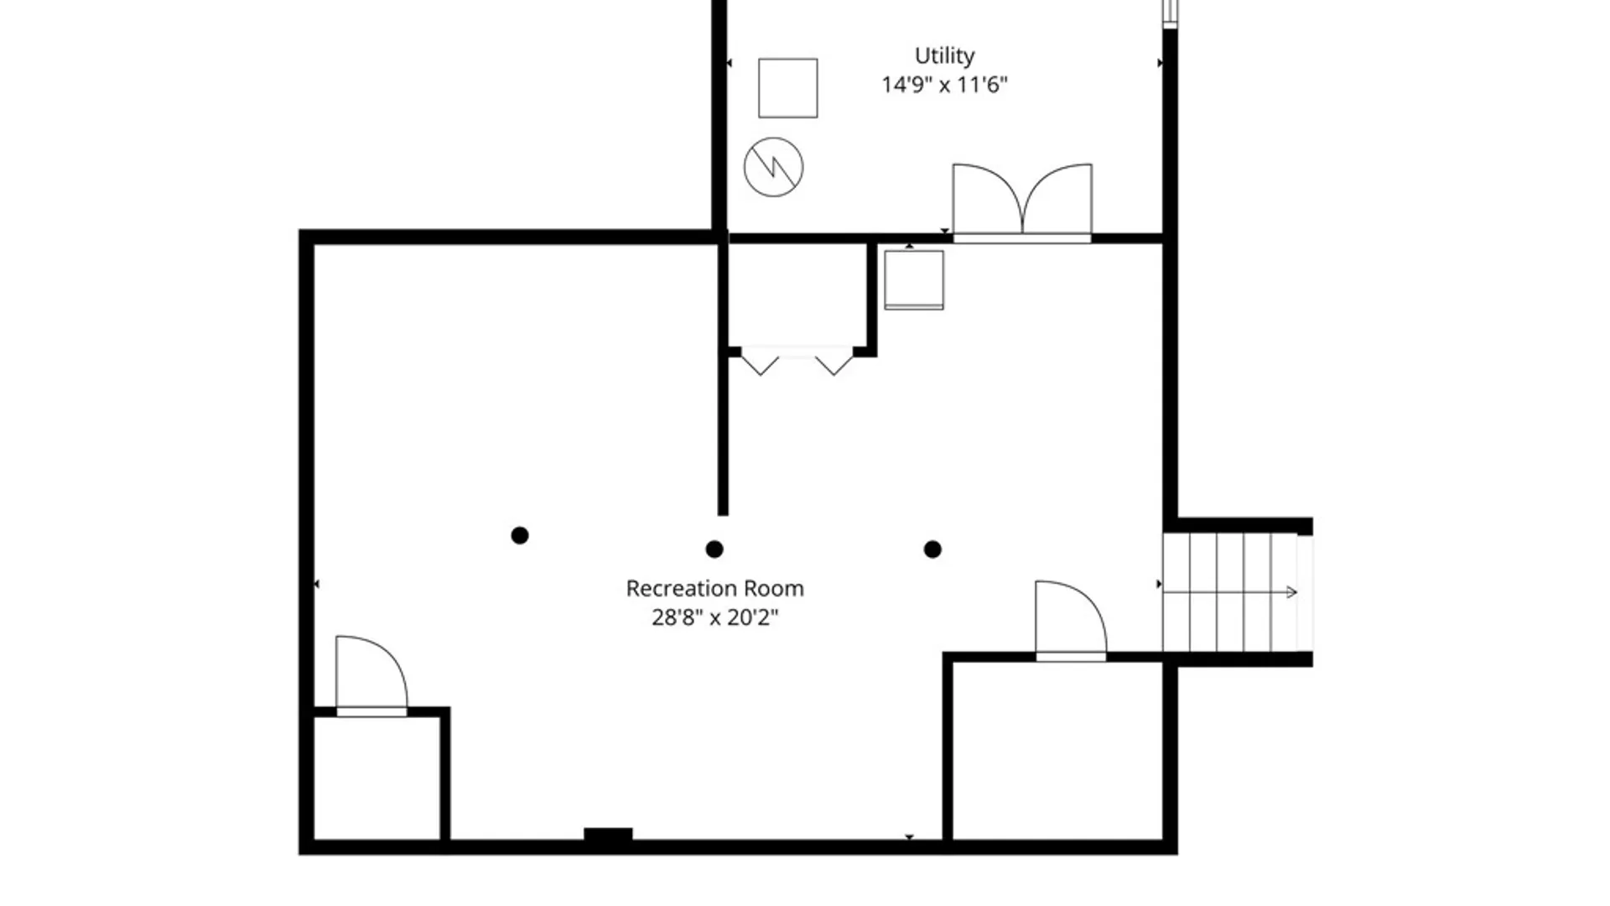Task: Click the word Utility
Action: point(944,56)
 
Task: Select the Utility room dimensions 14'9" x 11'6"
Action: point(944,85)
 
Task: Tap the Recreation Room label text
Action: point(714,588)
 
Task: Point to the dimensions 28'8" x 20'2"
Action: point(714,617)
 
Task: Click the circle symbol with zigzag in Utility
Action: point(773,167)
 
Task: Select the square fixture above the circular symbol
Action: point(787,88)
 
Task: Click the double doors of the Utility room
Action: point(1022,201)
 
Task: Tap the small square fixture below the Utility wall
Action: point(914,280)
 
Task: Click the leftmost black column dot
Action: point(520,535)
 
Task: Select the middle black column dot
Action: point(714,549)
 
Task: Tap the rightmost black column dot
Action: point(932,549)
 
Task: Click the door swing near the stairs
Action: point(1071,619)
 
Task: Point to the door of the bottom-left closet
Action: point(371,674)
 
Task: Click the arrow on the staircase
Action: point(1230,592)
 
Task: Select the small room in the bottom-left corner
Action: point(377,778)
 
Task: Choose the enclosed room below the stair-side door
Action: point(1058,751)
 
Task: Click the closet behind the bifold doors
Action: point(797,295)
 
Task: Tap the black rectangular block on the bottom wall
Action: point(608,835)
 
